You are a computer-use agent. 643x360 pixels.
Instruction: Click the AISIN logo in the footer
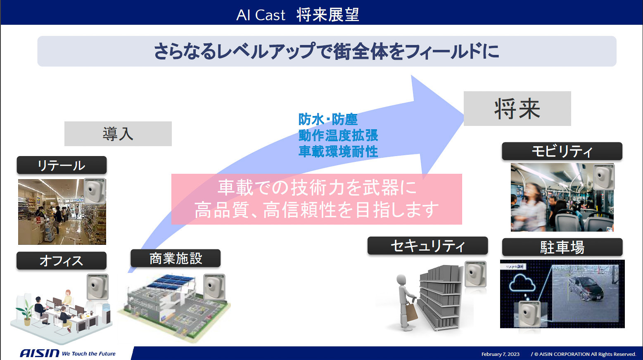pos(40,353)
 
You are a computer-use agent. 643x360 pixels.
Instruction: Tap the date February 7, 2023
pos(500,354)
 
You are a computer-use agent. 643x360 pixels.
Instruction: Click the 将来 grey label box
pos(517,109)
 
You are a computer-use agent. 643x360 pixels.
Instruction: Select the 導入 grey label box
pos(118,134)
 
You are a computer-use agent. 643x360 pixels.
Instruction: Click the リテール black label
pos(62,165)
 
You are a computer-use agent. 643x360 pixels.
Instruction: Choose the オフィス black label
pos(62,261)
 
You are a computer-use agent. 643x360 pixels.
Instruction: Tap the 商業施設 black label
pos(176,258)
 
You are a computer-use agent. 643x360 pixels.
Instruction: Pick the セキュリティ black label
pos(427,246)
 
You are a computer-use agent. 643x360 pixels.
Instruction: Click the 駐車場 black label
pos(562,247)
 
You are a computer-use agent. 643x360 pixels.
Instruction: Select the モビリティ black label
pos(562,152)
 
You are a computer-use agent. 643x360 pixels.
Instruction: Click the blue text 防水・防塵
pos(328,119)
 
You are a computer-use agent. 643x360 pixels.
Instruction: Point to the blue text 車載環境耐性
pos(338,152)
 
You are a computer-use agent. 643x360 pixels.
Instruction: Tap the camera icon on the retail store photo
pos(95,191)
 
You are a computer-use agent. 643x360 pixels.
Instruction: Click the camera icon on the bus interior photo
pos(603,177)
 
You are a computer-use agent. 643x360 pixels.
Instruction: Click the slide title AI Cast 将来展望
pos(297,15)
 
